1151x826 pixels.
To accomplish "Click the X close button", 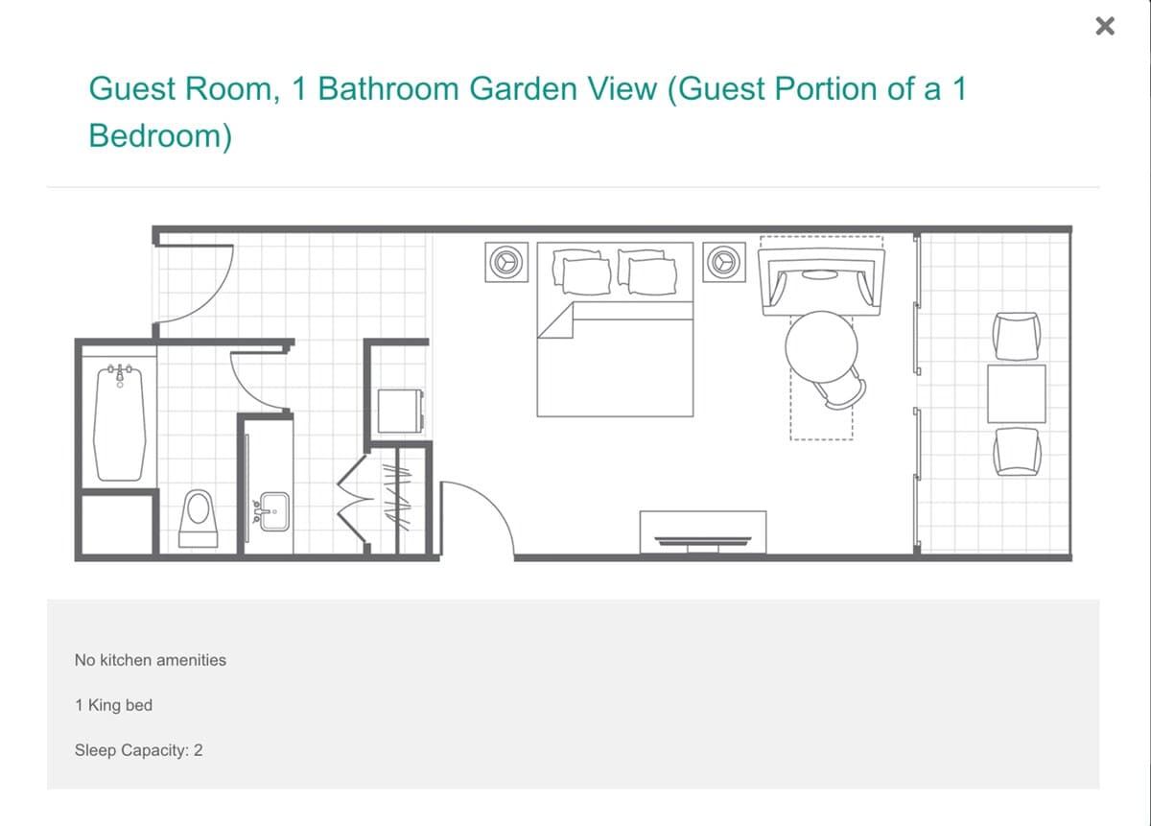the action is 1105,26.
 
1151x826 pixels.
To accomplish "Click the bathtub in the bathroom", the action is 120,422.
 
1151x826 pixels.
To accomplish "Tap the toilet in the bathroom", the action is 198,518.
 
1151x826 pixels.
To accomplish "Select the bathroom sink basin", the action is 274,511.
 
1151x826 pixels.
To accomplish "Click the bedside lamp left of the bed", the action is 506,262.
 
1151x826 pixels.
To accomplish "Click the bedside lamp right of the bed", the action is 724,262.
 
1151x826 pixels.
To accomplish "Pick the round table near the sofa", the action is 821,347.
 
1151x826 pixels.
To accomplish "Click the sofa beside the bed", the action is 822,282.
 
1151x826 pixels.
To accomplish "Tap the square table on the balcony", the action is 1017,393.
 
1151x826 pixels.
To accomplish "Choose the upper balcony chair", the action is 1017,336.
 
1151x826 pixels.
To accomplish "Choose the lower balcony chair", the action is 1017,452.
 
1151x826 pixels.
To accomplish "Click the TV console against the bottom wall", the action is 703,532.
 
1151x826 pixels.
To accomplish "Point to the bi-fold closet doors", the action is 354,499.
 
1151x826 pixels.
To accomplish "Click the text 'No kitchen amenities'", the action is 150,660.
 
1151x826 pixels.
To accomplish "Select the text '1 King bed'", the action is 113,705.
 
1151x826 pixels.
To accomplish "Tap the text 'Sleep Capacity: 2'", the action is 139,750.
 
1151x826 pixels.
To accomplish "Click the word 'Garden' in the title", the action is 563,88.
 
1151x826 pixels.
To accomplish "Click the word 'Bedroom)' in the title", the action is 160,135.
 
